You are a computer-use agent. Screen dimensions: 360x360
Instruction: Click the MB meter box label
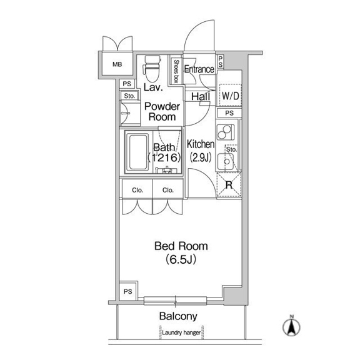pos(117,64)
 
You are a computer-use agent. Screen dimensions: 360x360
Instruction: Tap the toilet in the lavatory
pos(151,68)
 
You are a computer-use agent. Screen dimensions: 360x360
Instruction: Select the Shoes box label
pos(176,71)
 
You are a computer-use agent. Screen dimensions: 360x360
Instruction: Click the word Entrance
pos(199,69)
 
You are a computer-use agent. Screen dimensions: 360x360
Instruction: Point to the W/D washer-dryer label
pos(230,96)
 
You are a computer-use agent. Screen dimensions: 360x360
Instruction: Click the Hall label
pos(201,97)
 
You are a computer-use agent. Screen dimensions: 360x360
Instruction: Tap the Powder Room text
pos(162,112)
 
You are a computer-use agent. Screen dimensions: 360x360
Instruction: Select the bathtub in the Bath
pos(139,152)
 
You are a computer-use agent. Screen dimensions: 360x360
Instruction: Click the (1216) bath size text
pos(164,157)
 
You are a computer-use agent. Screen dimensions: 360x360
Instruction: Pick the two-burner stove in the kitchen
pos(225,132)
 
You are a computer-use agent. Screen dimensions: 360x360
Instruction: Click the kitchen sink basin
pos(226,162)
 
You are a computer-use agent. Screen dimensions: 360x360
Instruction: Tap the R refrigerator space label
pos(229,185)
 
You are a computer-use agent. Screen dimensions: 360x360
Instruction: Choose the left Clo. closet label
pos(137,190)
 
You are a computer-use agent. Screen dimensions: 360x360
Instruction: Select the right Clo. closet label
pos(168,190)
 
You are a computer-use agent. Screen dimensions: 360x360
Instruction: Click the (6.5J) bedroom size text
pos(181,259)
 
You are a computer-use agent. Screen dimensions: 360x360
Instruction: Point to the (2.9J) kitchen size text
pos(201,157)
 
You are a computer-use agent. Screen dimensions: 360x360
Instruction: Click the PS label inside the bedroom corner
pos(128,292)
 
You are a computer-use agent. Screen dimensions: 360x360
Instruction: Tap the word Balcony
pos(178,316)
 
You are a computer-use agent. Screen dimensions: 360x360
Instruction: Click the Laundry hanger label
pos(181,332)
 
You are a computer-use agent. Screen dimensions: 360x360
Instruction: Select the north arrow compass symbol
pos(291,326)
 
